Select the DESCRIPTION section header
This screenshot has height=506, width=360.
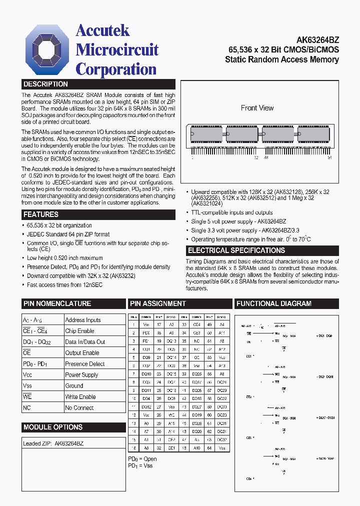46,84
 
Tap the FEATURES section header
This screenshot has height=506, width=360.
41,214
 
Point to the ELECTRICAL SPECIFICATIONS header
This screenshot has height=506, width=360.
236,250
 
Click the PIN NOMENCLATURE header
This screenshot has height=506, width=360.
57,303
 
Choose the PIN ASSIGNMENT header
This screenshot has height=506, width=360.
158,303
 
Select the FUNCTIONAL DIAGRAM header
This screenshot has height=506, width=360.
274,303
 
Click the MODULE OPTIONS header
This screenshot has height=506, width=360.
53,427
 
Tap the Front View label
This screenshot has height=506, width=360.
257,108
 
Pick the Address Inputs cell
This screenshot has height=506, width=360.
83,320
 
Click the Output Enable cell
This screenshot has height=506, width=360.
82,353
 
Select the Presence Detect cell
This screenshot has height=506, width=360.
85,364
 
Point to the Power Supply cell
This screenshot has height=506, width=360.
81,375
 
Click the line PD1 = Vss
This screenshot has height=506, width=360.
140,466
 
